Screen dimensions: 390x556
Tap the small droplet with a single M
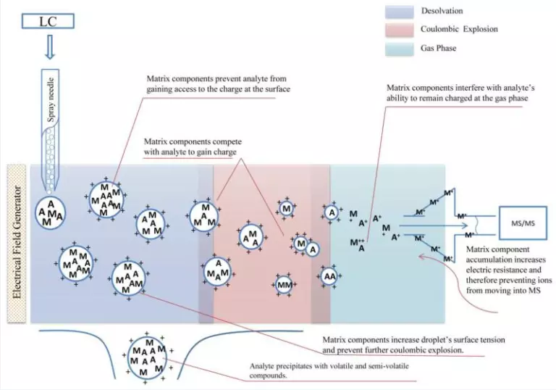point(287,209)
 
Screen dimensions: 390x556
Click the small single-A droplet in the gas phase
point(331,213)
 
